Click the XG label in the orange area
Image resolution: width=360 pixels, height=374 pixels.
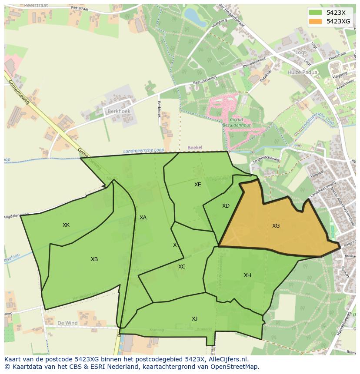(276, 226)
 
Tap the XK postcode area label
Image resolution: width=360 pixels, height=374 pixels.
(66, 225)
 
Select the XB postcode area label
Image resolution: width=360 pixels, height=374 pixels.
(94, 259)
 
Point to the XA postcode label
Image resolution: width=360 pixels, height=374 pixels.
(143, 218)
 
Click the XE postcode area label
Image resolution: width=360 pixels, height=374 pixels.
(198, 185)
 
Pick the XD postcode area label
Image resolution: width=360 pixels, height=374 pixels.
(226, 206)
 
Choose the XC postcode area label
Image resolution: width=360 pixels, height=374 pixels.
(182, 267)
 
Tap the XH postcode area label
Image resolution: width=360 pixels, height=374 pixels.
(247, 275)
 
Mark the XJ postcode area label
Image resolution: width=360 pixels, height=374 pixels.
(194, 319)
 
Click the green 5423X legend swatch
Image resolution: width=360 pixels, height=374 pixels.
(316, 13)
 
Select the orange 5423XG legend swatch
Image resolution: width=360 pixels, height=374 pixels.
(316, 21)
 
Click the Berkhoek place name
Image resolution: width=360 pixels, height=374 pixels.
(119, 111)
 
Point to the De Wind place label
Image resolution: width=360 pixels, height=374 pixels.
(67, 323)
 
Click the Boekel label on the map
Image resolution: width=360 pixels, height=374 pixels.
(195, 148)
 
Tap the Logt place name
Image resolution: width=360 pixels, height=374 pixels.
(300, 52)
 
